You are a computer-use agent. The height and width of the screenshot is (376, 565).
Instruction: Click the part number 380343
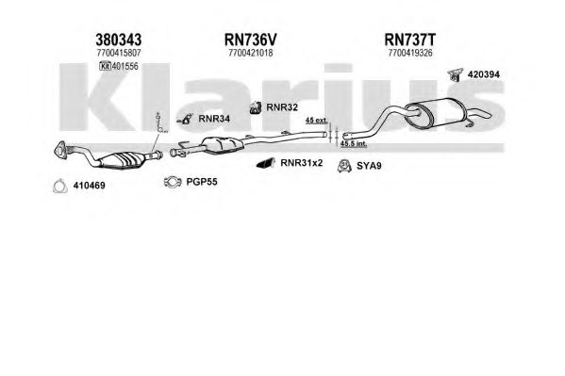(118, 40)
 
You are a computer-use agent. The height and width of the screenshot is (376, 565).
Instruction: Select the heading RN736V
(251, 40)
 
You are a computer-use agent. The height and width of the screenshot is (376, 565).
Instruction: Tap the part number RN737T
(410, 40)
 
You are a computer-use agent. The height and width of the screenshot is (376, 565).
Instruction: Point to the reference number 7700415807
(119, 53)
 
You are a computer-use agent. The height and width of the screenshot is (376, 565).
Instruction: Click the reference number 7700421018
(251, 53)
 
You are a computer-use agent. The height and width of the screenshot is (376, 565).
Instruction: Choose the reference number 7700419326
(410, 53)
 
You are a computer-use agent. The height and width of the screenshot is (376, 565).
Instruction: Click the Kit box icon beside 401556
(106, 66)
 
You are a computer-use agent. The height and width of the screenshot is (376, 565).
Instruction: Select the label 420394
(484, 74)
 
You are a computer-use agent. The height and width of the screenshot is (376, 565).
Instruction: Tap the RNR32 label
(282, 107)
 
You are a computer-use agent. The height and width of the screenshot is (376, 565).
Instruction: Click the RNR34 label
(214, 119)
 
